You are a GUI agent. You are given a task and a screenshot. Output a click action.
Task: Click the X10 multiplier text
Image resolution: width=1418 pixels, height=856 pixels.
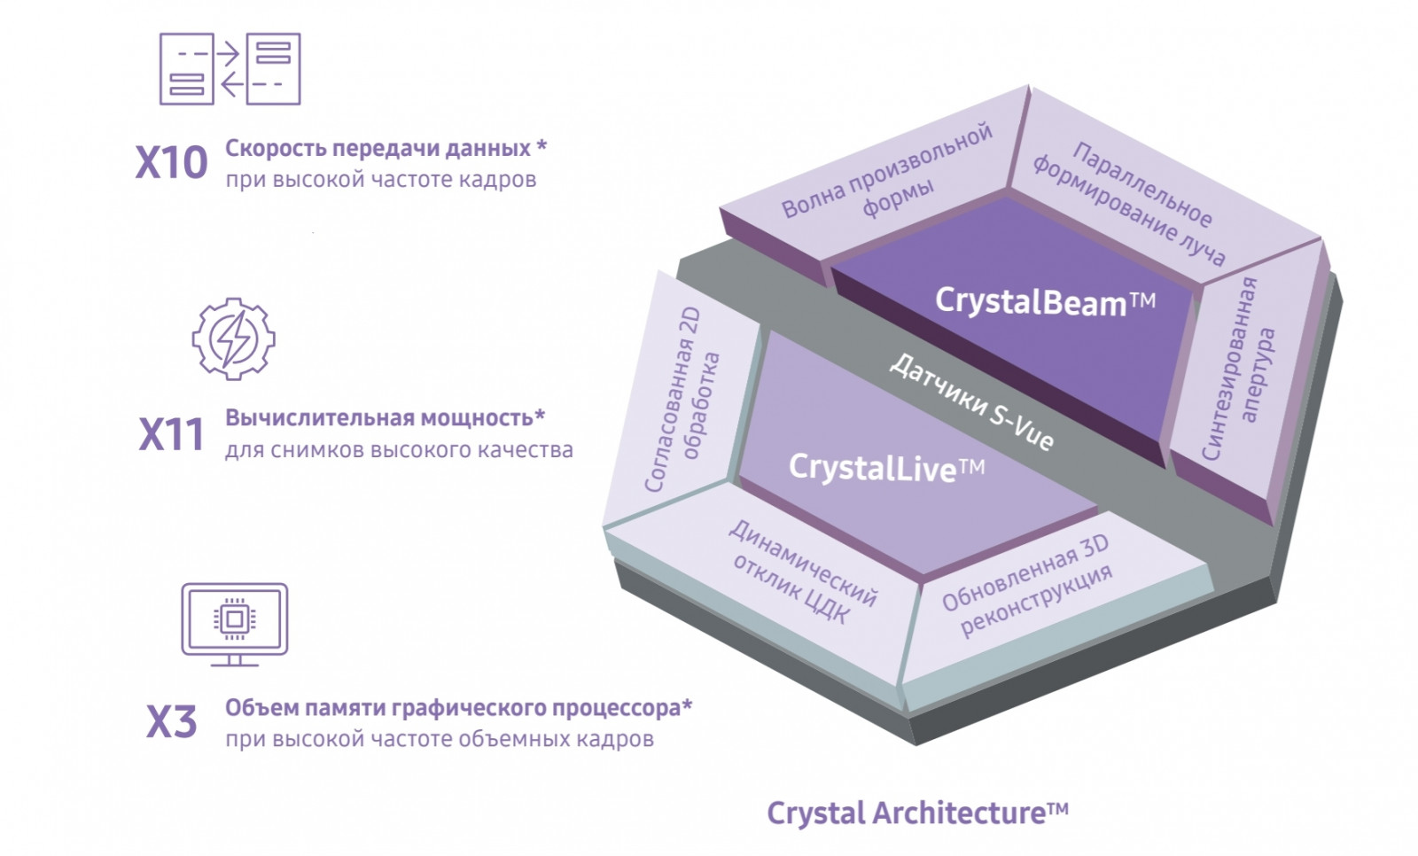click(172, 163)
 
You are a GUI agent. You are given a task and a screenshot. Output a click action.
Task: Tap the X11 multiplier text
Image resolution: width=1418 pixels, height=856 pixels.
click(172, 434)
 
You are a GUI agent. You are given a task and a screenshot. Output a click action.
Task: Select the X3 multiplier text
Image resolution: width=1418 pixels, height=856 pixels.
click(172, 722)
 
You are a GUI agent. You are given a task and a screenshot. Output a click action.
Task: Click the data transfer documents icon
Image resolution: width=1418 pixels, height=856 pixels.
click(230, 69)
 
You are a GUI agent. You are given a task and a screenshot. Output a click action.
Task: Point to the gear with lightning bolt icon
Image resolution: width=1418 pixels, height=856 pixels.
click(234, 339)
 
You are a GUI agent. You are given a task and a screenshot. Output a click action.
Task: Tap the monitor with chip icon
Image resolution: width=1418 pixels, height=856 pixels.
click(234, 624)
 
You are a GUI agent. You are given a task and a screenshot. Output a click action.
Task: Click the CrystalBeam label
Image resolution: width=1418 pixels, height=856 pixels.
click(1045, 301)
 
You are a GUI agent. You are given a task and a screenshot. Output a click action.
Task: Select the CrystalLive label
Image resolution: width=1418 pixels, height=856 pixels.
click(886, 468)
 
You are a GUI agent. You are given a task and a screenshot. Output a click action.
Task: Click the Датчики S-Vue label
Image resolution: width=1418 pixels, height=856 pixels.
click(971, 402)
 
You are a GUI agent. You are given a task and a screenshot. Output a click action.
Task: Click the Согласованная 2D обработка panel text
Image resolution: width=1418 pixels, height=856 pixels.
click(682, 399)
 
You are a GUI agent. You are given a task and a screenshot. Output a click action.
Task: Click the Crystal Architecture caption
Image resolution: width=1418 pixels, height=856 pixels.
click(918, 813)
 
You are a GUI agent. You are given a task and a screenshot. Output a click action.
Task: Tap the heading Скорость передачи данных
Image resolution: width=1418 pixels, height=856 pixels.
click(378, 148)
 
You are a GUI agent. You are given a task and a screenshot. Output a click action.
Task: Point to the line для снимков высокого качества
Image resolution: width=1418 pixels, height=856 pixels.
click(400, 450)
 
